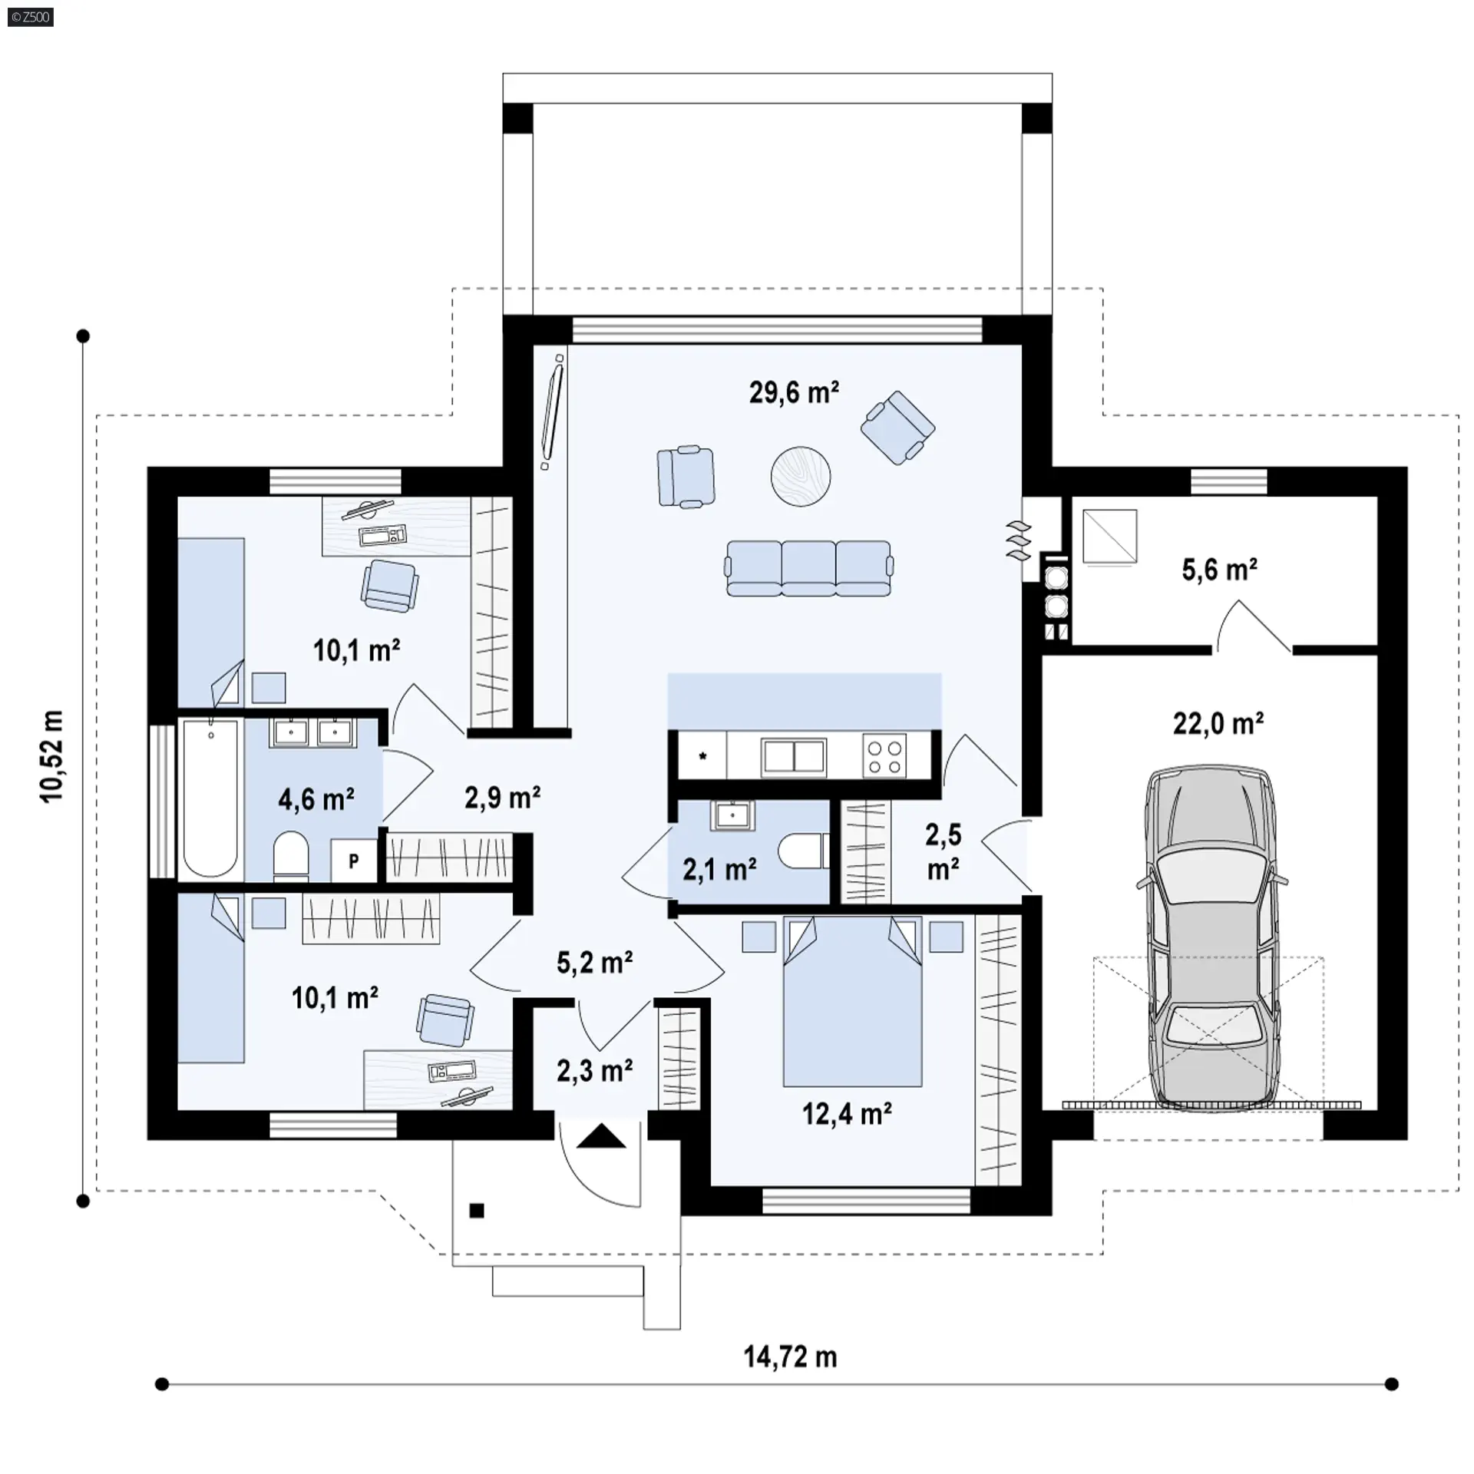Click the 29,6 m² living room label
(794, 392)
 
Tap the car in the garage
(1211, 937)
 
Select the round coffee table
(801, 476)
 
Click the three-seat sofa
(809, 568)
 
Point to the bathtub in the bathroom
(210, 799)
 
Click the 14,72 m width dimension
(790, 1357)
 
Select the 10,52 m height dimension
(52, 756)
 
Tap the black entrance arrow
(602, 1135)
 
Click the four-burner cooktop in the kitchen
(884, 755)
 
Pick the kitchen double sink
(794, 757)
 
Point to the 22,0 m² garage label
(1218, 723)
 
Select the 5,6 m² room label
(1219, 570)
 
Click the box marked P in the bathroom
(354, 861)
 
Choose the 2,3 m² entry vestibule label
(595, 1070)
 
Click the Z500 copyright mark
(31, 17)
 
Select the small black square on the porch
(477, 1211)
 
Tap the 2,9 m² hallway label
(503, 798)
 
